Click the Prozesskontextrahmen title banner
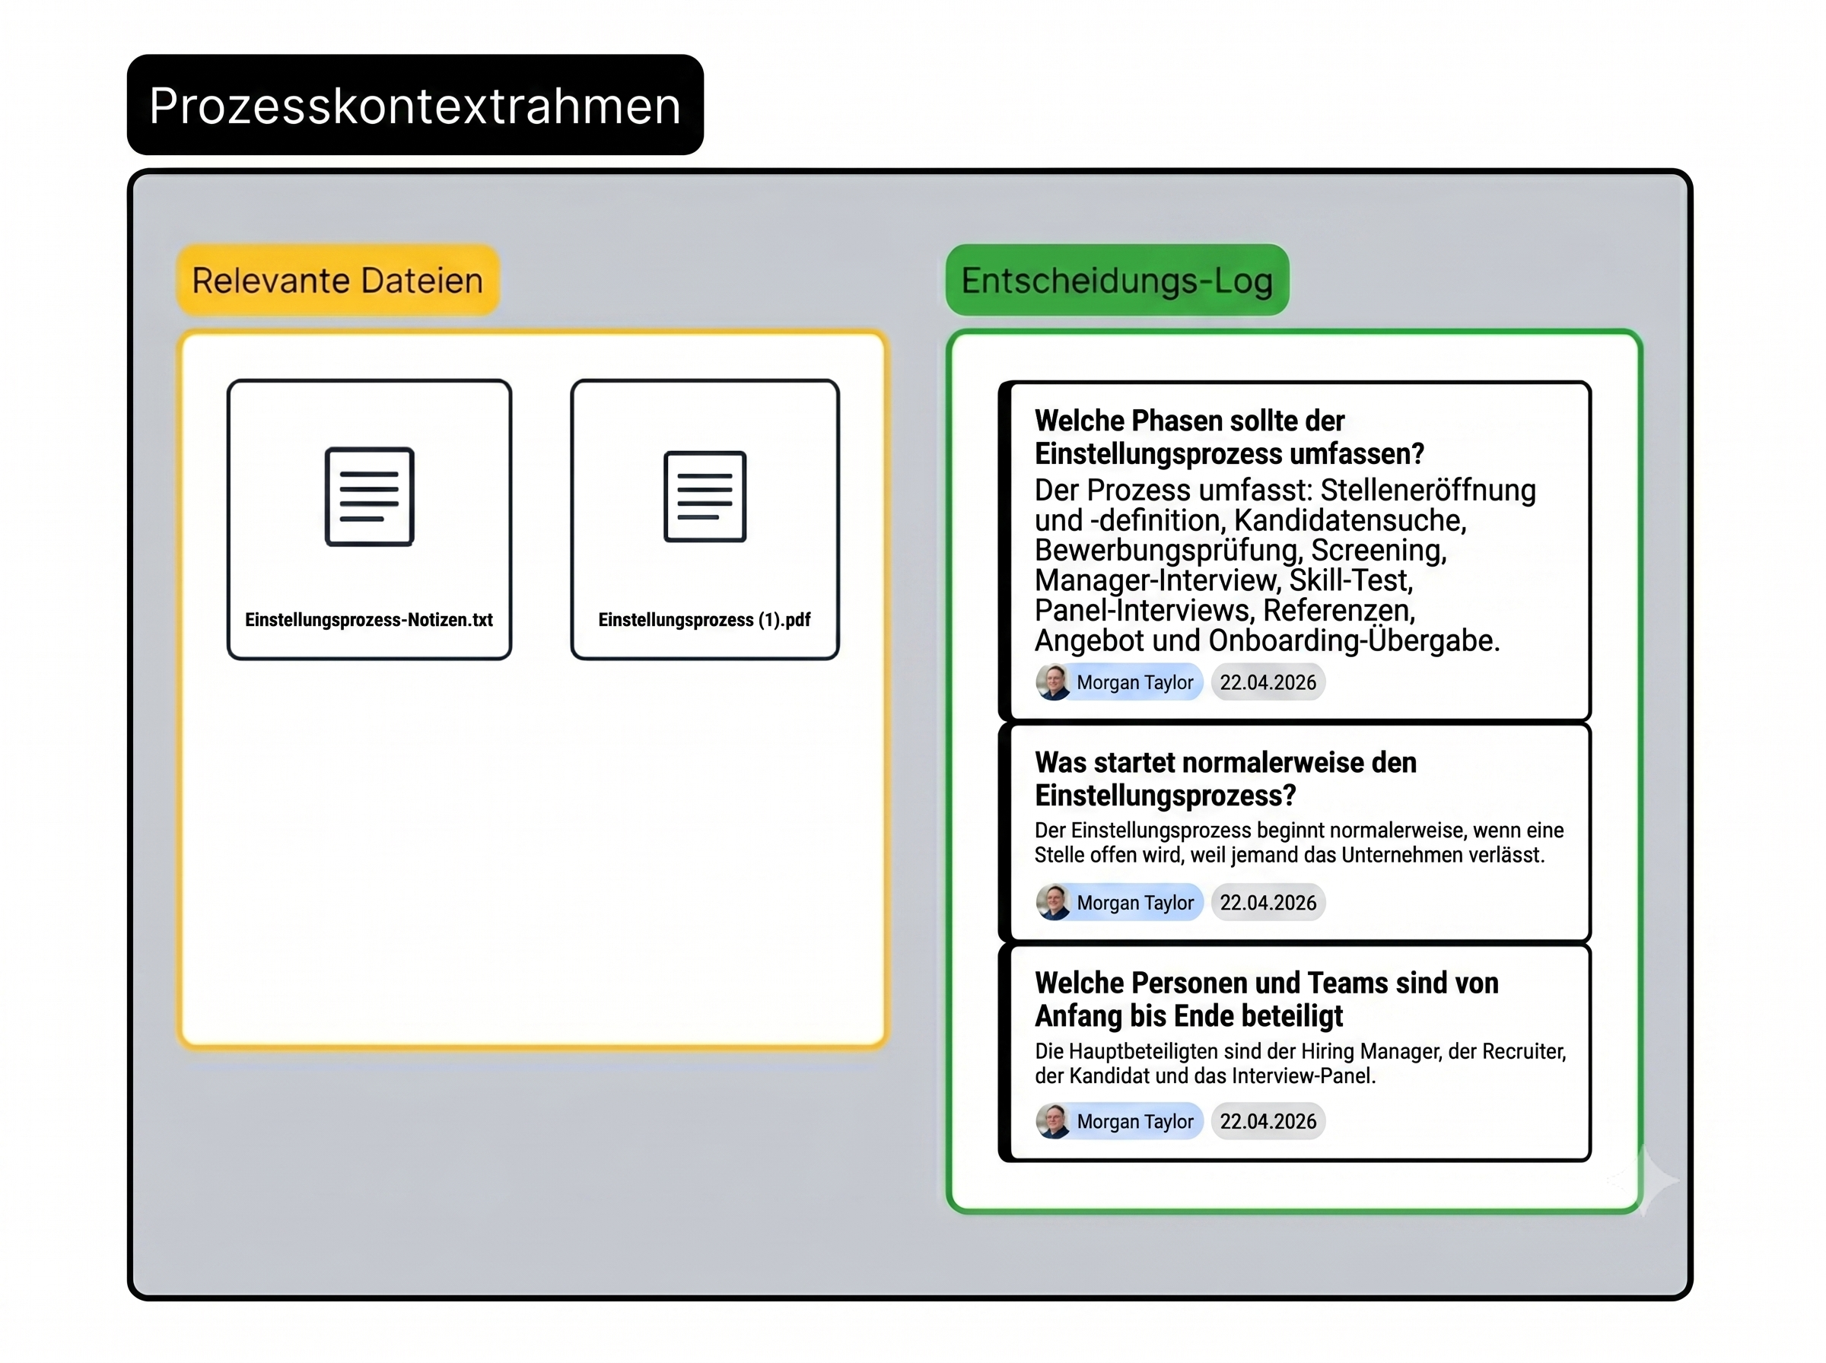click(415, 105)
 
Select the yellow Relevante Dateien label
click(338, 281)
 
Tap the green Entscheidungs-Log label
click(1117, 281)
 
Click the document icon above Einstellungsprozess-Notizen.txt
click(369, 497)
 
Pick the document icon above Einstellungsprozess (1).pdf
click(705, 497)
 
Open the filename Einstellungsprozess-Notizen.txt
click(369, 620)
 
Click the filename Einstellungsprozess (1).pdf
click(705, 620)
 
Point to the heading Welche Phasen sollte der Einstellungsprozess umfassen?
click(1230, 437)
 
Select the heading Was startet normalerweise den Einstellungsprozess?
click(1225, 779)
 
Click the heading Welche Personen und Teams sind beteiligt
click(1267, 999)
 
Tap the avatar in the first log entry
click(1054, 682)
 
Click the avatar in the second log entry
click(1054, 903)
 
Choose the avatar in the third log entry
click(1054, 1121)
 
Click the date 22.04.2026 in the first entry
click(1268, 682)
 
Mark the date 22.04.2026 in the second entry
click(1268, 903)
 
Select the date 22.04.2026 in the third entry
click(1268, 1121)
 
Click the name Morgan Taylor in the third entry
click(1134, 1121)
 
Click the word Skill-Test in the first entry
click(1350, 580)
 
